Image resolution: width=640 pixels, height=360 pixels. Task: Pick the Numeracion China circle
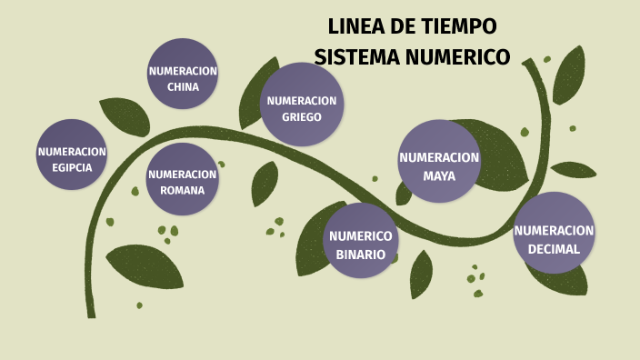(x=183, y=75)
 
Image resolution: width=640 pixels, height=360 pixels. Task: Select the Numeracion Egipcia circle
(x=72, y=155)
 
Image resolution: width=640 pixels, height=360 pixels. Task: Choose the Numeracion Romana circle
(x=183, y=179)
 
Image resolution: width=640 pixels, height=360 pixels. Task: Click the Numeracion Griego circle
(x=301, y=105)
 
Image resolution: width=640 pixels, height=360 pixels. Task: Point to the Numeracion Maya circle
(x=439, y=161)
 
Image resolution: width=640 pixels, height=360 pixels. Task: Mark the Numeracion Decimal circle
(x=554, y=234)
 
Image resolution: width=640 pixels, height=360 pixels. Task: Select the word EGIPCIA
(x=72, y=167)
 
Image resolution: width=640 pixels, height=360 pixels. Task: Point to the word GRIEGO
(x=301, y=117)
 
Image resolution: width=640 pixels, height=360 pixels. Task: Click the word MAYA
(x=439, y=175)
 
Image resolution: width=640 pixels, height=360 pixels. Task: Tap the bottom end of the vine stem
(x=91, y=315)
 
